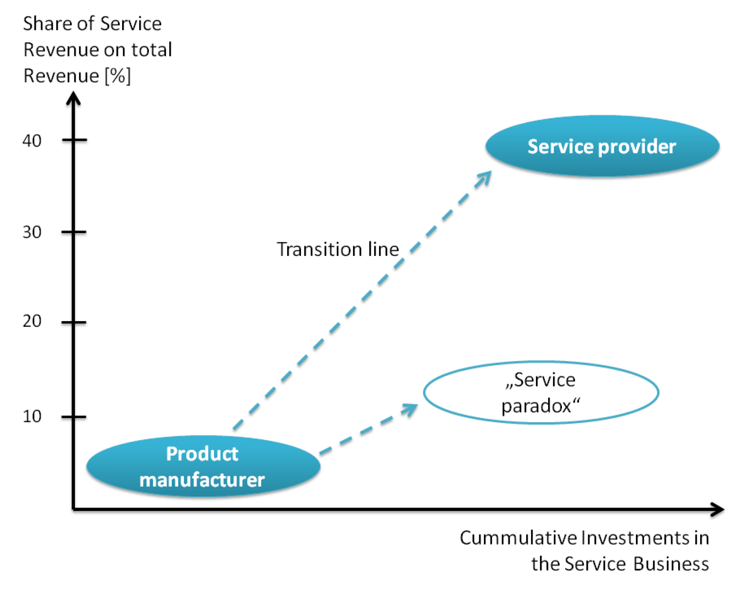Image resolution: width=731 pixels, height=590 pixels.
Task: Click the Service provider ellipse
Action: tap(602, 146)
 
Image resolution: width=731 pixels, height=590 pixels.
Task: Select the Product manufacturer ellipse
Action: tap(203, 466)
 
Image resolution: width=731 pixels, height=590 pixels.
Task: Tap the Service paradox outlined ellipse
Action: tap(424, 393)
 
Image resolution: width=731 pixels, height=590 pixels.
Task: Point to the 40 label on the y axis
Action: tap(32, 141)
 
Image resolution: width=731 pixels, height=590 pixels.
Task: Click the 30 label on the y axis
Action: tap(32, 232)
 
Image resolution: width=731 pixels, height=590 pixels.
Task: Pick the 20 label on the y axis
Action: tap(32, 321)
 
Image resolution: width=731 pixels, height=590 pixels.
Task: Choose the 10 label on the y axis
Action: tap(32, 416)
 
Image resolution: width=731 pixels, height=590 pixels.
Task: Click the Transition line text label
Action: tap(338, 249)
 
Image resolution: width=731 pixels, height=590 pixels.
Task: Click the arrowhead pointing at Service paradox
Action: tap(410, 409)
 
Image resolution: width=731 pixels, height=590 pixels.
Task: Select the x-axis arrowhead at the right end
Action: tap(717, 510)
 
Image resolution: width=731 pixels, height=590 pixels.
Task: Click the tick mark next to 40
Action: tap(74, 140)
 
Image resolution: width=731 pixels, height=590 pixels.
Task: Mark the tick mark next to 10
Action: tap(74, 417)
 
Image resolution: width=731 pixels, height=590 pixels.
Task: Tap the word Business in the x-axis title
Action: tap(671, 564)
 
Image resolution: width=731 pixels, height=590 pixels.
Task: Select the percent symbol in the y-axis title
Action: tap(118, 75)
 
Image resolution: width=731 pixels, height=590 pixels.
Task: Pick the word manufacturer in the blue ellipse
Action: tap(202, 480)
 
